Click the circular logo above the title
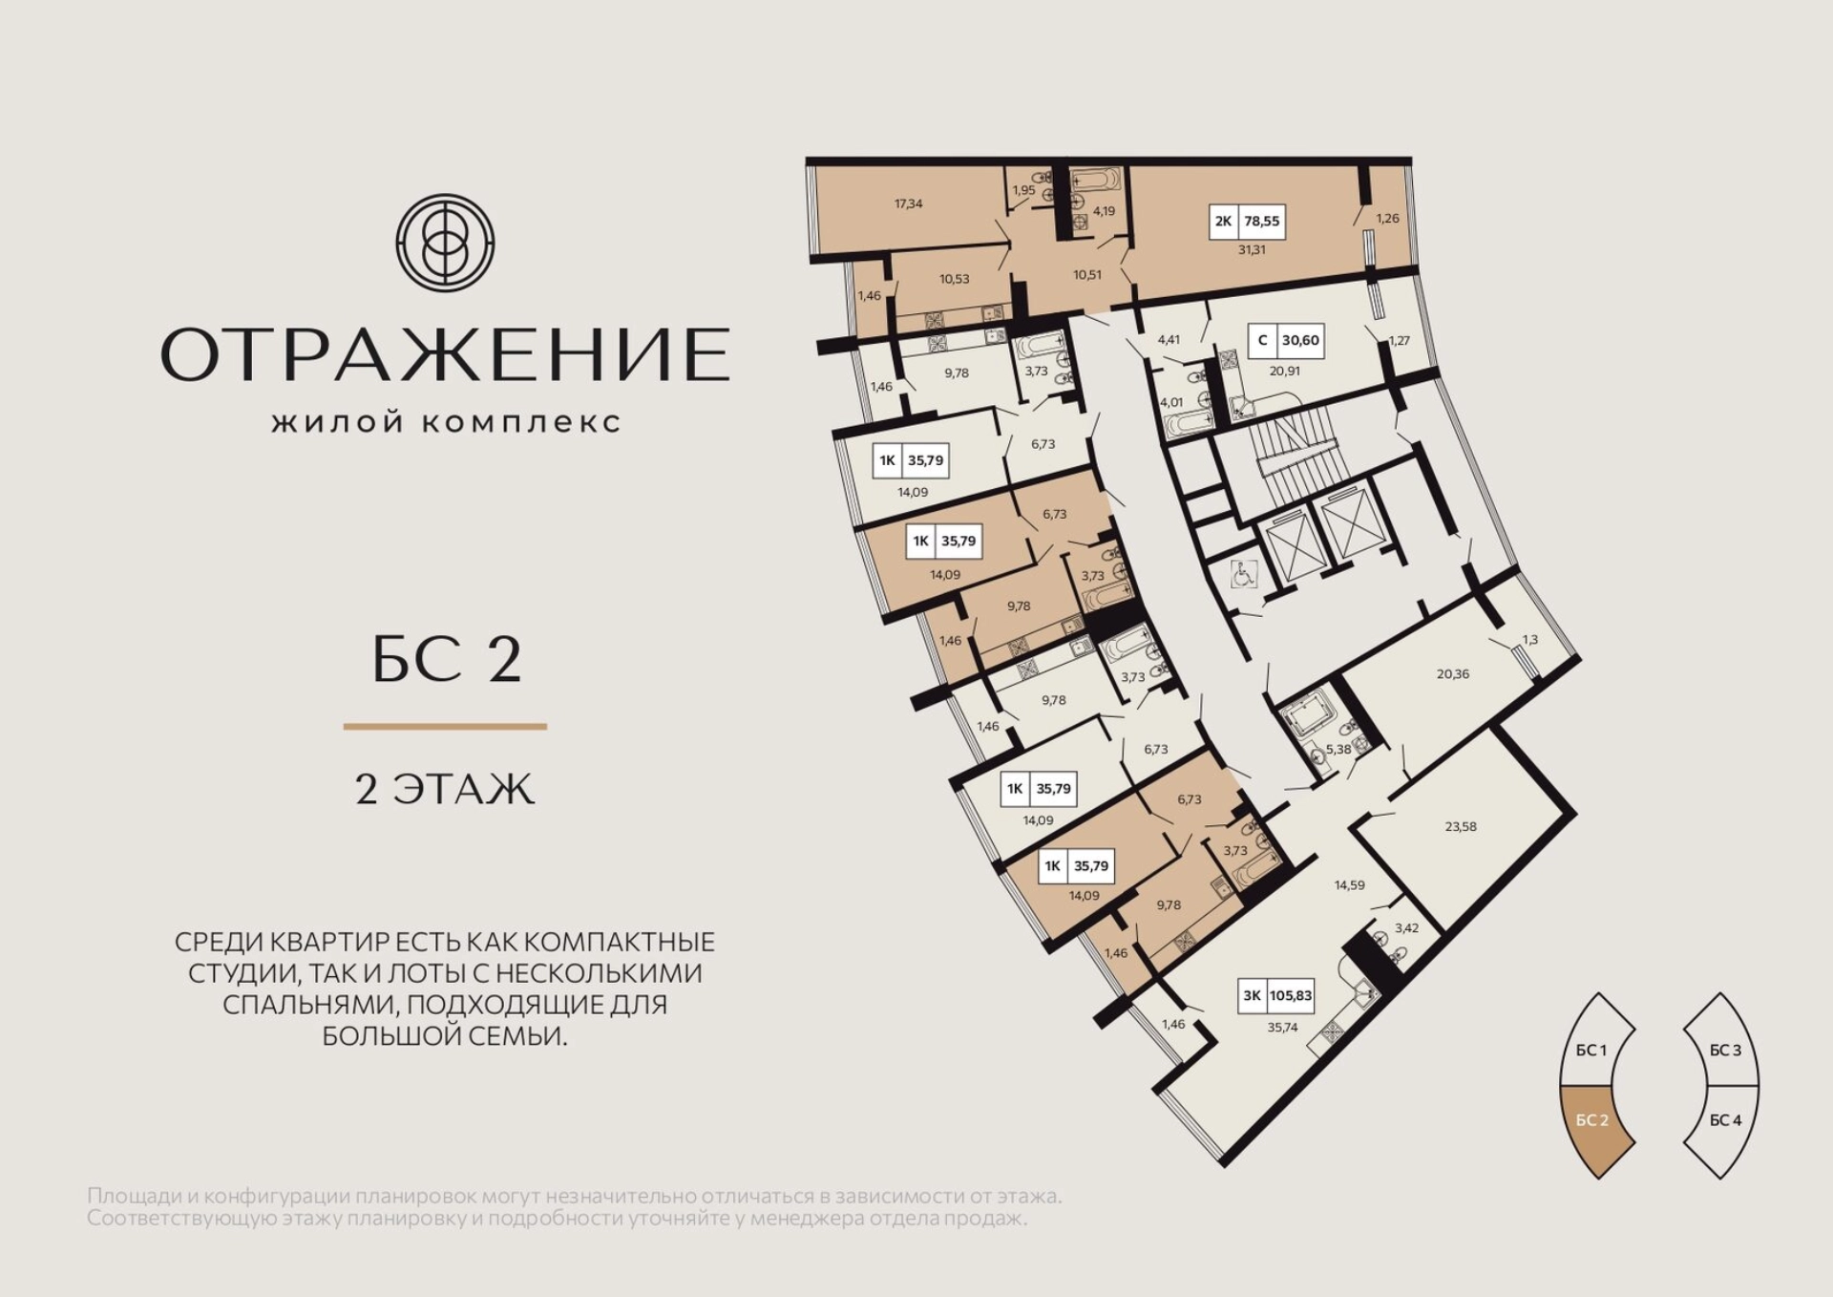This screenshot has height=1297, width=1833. pyautogui.click(x=445, y=242)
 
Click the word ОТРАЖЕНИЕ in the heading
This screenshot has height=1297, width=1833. pyautogui.click(x=446, y=353)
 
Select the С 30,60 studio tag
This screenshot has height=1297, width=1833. pyautogui.click(x=1286, y=340)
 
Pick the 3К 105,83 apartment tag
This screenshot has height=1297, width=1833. pyautogui.click(x=1277, y=995)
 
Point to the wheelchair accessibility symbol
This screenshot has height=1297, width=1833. pyautogui.click(x=1242, y=574)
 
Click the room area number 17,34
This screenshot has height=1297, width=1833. pyautogui.click(x=908, y=203)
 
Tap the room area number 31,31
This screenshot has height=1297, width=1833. pyautogui.click(x=1252, y=249)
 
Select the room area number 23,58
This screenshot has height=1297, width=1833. pyautogui.click(x=1461, y=826)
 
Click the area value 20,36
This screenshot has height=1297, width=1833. pyautogui.click(x=1453, y=673)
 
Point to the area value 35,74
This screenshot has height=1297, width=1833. pyautogui.click(x=1282, y=1028)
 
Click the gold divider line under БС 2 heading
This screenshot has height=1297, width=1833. pyautogui.click(x=445, y=727)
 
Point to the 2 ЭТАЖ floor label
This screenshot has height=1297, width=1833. pyautogui.click(x=445, y=790)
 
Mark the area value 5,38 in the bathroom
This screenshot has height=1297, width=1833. pyautogui.click(x=1338, y=750)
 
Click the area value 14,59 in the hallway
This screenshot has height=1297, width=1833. pyautogui.click(x=1349, y=885)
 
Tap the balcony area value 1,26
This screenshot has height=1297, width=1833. pyautogui.click(x=1387, y=218)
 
